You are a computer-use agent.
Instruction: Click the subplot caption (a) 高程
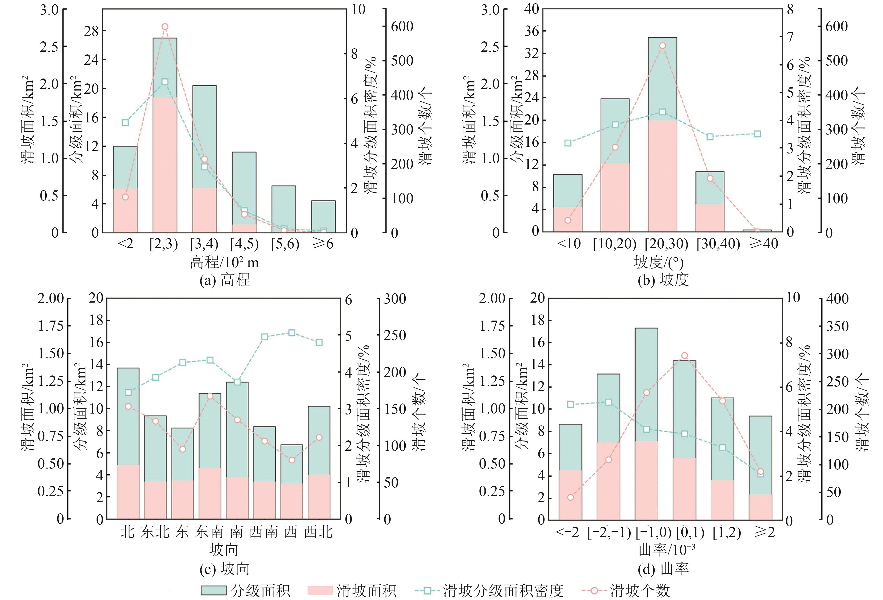[224, 280]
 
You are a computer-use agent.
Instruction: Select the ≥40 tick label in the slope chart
[764, 243]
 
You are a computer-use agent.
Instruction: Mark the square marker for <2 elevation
[125, 122]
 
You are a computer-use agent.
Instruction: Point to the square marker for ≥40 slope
[758, 134]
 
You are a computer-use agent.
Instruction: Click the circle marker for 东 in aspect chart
[183, 449]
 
